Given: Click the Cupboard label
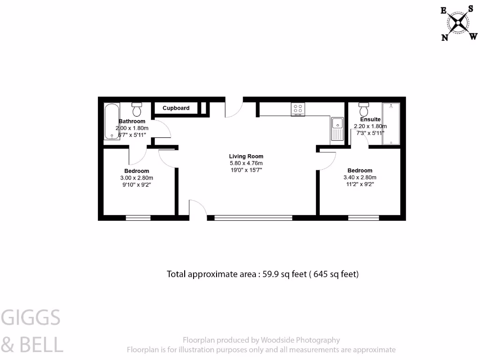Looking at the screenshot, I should pos(176,108).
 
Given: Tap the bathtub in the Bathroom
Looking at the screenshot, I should pos(111,121).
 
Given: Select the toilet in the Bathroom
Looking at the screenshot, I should pos(137,110).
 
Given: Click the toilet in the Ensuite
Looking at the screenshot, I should pos(363,110).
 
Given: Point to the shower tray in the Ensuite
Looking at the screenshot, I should pos(390,124).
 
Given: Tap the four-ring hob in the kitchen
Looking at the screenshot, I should pos(298,109).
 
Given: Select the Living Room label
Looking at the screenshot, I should pos(246,157).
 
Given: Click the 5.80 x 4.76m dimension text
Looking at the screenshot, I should pos(246,163).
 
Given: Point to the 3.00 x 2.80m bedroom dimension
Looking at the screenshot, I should pos(137,178).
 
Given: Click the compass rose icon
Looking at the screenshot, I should pos(457,22).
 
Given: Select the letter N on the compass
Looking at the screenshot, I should pos(444,38).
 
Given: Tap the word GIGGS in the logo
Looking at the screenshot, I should pos(31,318).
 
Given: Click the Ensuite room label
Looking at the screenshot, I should pos(370,120).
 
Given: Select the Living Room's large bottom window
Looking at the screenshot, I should pos(253,217).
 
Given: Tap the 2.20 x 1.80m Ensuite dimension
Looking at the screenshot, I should pos(370,126).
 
